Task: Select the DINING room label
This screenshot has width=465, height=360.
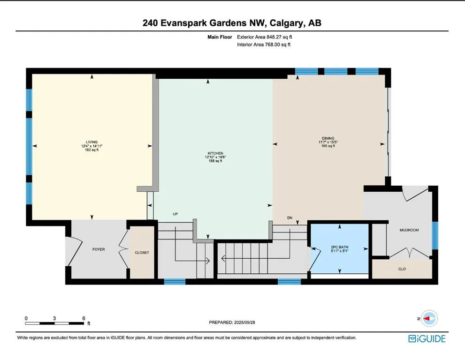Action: tap(328, 138)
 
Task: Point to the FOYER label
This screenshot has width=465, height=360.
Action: tap(99, 249)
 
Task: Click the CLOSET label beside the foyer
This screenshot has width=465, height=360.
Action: tap(142, 253)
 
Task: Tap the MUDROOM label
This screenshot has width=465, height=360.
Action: tap(409, 230)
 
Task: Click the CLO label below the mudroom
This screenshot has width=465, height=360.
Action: tap(402, 269)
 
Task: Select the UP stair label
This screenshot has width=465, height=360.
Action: tap(175, 214)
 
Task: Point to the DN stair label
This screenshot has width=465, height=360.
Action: tap(290, 218)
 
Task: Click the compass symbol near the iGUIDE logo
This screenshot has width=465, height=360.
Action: tap(429, 318)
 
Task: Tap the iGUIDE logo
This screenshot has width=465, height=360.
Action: tap(427, 338)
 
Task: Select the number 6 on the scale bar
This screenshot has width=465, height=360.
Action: tap(84, 318)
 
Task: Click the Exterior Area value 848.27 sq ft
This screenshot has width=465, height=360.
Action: tap(280, 37)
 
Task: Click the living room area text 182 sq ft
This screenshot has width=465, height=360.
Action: tap(91, 150)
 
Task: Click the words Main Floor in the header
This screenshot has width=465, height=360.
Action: tap(221, 37)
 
